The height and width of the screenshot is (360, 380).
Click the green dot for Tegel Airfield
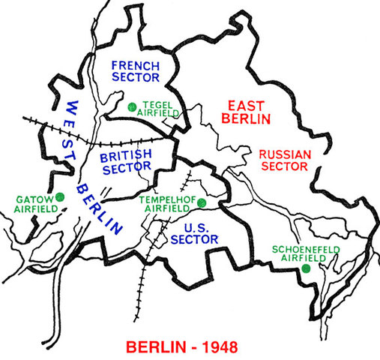pos(131,106)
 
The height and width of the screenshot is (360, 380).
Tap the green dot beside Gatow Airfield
pos(59,197)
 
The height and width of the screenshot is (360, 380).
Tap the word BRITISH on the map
pos(126,154)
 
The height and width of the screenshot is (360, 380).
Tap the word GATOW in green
pos(30,199)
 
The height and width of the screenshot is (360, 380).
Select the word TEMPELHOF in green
pos(168,200)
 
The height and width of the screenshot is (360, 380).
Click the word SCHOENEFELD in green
pos(298,248)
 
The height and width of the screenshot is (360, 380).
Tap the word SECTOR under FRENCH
pos(136,76)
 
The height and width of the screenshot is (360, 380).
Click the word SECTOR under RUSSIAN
pos(284,168)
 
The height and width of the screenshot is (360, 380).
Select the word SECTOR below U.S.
pos(194,239)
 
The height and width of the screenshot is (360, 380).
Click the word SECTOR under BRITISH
pos(126,168)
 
